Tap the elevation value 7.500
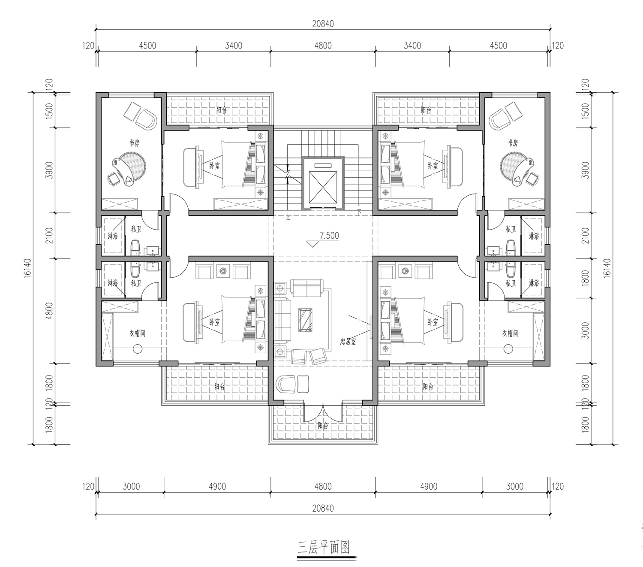tap(329, 236)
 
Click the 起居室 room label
tap(348, 342)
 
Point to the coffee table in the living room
tap(305, 320)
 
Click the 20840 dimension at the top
tap(323, 24)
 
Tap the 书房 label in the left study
tap(134, 143)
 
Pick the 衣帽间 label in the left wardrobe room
tap(137, 333)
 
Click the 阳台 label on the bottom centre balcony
tap(323, 425)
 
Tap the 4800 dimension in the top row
tap(323, 46)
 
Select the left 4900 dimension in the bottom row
tap(217, 487)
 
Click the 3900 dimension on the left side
tap(49, 170)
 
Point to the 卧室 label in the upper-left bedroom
tap(214, 166)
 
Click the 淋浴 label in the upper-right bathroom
tap(534, 236)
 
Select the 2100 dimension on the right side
tap(586, 236)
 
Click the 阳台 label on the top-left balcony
tap(222, 110)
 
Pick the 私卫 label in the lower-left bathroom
tap(136, 283)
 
